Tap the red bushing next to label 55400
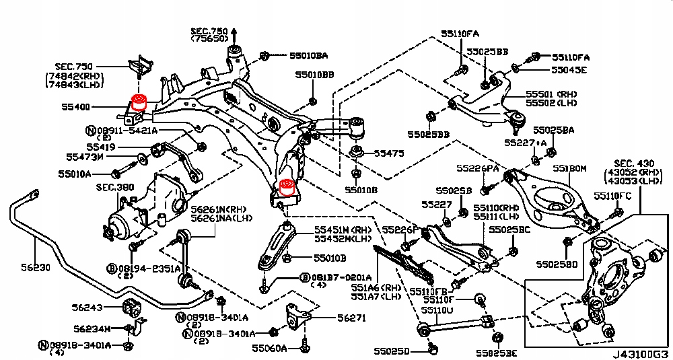140,103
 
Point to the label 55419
100,145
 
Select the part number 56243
87,308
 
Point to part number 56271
351,318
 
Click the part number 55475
389,153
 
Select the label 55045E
569,69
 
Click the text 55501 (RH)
552,94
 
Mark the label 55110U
437,311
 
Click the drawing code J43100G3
640,353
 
